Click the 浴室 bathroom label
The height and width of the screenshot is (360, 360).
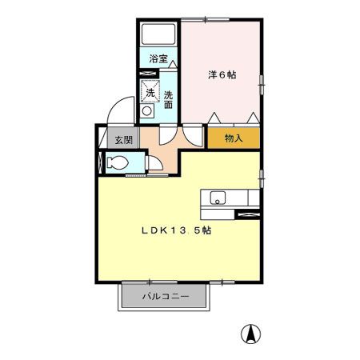(158, 58)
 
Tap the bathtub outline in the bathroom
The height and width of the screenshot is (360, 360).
(158, 35)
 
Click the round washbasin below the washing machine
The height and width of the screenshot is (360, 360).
(147, 113)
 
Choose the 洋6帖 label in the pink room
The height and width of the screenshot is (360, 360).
(222, 75)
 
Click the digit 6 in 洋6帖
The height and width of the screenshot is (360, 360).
(222, 75)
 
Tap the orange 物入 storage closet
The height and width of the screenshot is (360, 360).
(234, 138)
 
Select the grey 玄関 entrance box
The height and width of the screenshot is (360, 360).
(123, 140)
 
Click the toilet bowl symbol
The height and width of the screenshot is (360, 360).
(115, 163)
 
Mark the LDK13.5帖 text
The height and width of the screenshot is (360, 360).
(177, 230)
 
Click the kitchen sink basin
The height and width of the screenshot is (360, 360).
(218, 197)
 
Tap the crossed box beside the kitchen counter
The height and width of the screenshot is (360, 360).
(249, 214)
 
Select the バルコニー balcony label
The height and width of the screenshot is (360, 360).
(166, 297)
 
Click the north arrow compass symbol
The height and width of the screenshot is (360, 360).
(251, 334)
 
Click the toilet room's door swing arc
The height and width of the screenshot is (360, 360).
(157, 164)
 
